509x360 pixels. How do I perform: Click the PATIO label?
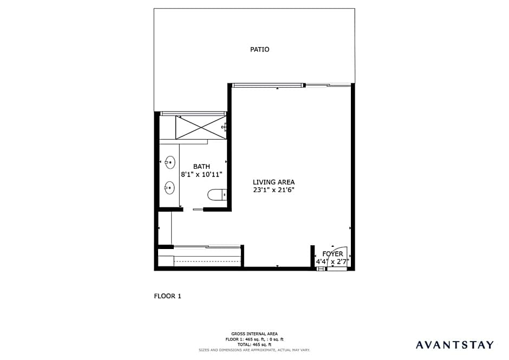tap(259, 49)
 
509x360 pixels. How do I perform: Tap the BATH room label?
tap(201, 167)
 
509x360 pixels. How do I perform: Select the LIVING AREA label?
tap(273, 182)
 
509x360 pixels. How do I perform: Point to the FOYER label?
tap(332, 254)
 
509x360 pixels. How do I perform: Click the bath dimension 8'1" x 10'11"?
tap(201, 174)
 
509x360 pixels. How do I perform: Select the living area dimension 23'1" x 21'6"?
tap(273, 190)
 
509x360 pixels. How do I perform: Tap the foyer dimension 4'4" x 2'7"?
tap(332, 261)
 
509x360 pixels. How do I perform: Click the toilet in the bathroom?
tap(217, 195)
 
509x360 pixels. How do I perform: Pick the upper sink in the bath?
tap(170, 162)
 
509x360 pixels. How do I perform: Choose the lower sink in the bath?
tap(169, 188)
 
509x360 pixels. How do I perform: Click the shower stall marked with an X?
tap(201, 127)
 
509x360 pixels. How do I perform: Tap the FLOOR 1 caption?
tap(167, 296)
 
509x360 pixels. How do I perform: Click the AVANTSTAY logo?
tap(454, 345)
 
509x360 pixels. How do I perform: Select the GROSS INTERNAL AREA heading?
tap(255, 333)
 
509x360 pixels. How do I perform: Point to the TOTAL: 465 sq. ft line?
tap(255, 345)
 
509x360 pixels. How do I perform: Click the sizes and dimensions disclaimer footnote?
tap(255, 350)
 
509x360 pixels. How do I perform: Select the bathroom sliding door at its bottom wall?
tap(198, 210)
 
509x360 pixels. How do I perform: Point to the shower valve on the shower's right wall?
tap(224, 127)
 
